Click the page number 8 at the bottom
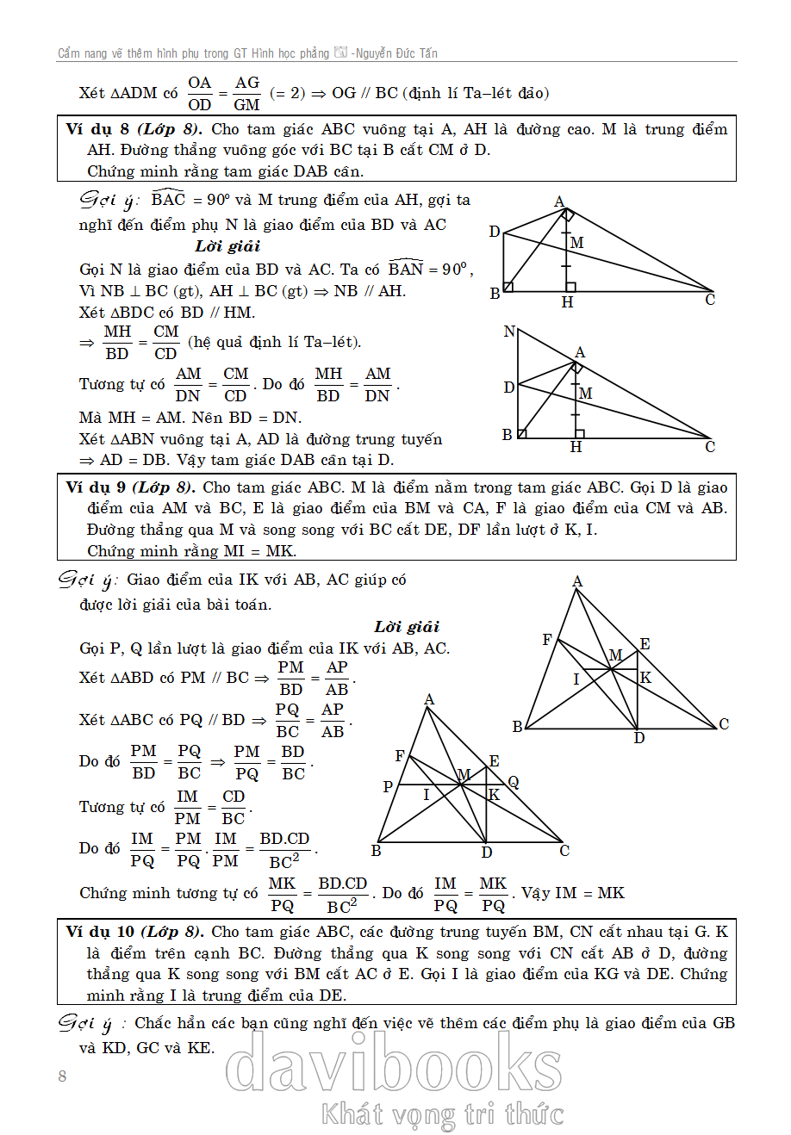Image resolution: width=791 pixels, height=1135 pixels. coord(62,1076)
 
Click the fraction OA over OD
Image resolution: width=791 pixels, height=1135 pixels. coord(200,93)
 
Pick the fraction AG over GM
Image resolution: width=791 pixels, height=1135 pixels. coord(246,93)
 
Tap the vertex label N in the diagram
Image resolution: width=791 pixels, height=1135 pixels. coord(509,332)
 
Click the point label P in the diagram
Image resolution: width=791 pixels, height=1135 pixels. coord(388,786)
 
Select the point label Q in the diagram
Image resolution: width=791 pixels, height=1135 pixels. coord(514,782)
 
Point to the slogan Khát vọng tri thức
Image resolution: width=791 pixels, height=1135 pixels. coord(443,1114)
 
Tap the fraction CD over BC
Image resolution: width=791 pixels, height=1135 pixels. coord(234,807)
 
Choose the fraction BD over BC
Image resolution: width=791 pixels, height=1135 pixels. coord(293,762)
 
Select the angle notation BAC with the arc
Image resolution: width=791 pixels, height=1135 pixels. coord(168,199)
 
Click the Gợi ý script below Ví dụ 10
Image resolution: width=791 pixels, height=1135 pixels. coord(84,1024)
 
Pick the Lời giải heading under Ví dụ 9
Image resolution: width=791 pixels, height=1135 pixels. coord(407,626)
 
